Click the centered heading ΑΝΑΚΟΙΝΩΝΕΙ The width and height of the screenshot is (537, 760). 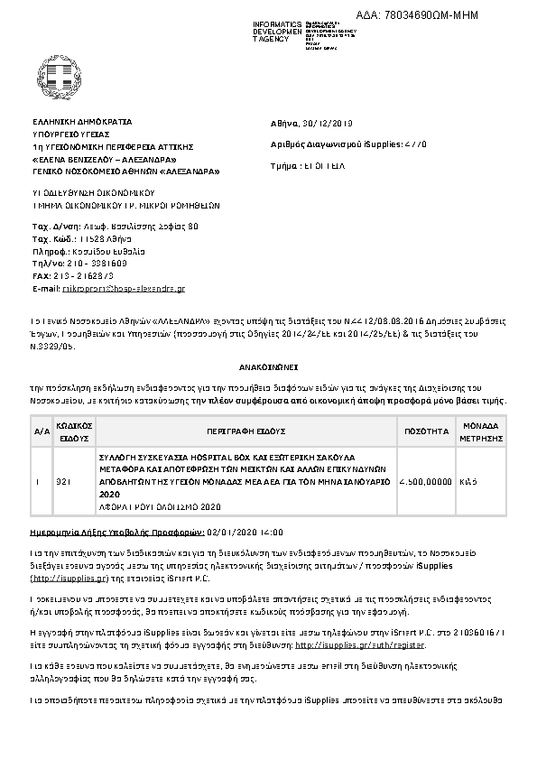coord(268,370)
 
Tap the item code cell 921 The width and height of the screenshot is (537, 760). coord(62,482)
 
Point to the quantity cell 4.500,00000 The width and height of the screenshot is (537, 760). coord(424,482)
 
